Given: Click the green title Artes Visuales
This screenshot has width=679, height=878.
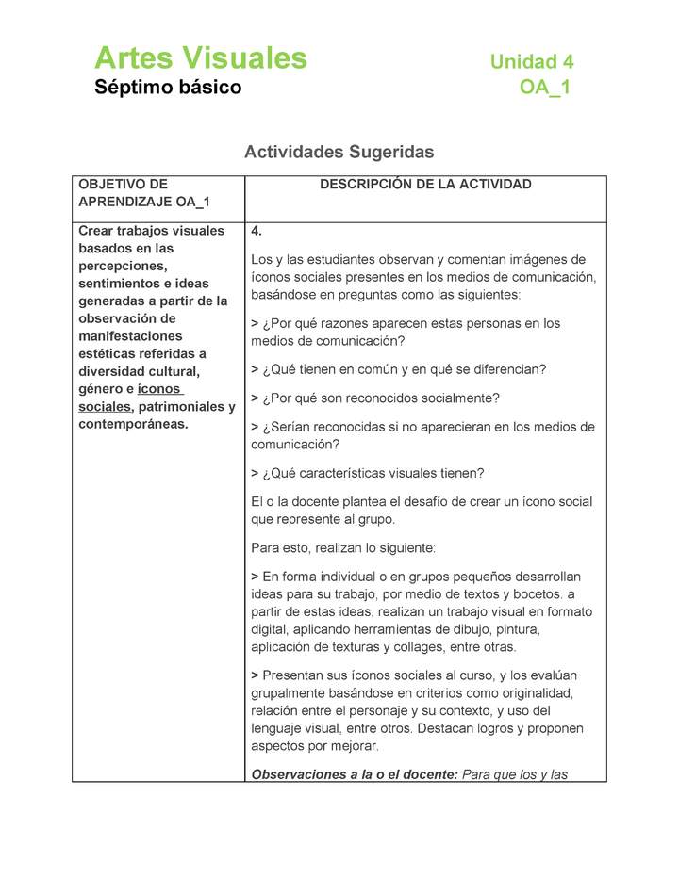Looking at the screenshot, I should click(x=201, y=58).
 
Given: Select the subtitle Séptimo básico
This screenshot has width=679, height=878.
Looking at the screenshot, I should click(x=168, y=88).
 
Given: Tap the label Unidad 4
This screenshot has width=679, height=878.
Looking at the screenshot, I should click(x=531, y=62).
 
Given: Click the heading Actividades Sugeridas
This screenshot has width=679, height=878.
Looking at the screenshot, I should click(x=339, y=152).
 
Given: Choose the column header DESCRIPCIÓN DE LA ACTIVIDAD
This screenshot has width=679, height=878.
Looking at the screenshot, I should click(x=425, y=185).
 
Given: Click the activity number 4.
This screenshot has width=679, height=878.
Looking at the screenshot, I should click(x=257, y=231).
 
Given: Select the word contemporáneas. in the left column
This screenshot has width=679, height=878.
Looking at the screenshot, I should click(x=133, y=424).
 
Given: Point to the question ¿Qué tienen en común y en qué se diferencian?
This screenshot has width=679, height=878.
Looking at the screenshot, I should click(x=399, y=369).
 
